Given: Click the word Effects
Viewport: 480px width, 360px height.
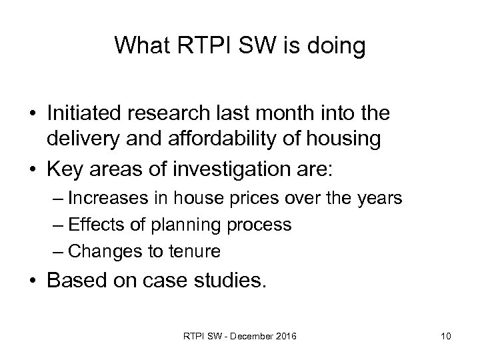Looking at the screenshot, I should coord(93,225).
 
